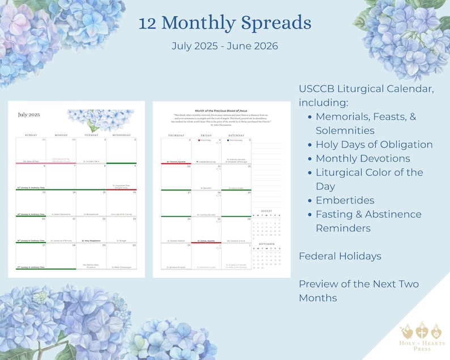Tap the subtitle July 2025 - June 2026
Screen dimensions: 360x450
coord(225,46)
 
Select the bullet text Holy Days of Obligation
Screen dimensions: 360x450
coord(374,144)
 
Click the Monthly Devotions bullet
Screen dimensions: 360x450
coord(363,158)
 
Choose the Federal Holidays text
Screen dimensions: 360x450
coord(340,256)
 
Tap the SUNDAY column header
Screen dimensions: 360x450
coord(31,135)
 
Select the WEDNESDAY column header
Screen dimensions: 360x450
coord(121,135)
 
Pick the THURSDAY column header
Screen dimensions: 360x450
coord(176,135)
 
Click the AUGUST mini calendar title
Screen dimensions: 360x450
coord(266,210)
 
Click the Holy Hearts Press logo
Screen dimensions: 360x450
coord(422,337)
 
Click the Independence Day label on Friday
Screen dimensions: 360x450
coord(206,162)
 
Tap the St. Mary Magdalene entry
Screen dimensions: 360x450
coord(91,240)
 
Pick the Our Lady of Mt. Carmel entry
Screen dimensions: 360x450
coord(121,214)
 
